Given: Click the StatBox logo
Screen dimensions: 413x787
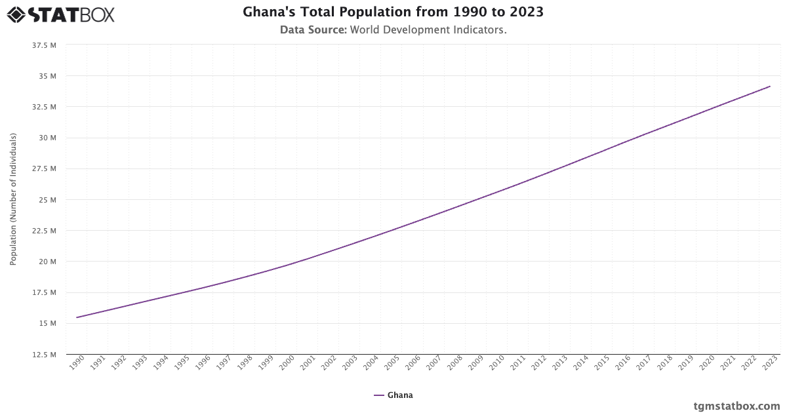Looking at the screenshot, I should tap(61, 14).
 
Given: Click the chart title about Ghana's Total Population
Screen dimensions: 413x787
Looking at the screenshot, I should tap(393, 12).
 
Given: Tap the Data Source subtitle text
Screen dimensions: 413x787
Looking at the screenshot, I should tap(393, 29).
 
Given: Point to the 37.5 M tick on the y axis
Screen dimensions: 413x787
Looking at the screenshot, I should tap(44, 45).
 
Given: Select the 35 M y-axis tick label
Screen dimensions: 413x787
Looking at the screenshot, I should tap(48, 76).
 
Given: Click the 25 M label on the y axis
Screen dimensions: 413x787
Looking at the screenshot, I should tap(48, 200).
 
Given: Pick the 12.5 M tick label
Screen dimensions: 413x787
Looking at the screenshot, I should tap(44, 355).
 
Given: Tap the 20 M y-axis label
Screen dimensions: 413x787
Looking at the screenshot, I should tap(48, 262).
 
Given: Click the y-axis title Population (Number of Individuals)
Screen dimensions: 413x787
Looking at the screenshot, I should tap(13, 199).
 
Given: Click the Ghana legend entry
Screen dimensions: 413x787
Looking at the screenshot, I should tap(393, 395).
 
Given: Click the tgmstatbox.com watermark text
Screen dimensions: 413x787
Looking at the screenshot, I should tap(737, 406).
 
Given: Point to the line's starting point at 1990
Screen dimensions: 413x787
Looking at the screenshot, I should tap(77, 317).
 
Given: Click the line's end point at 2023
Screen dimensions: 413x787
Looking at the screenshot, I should tap(770, 87).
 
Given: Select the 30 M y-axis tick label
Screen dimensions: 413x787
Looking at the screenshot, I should tap(48, 138).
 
